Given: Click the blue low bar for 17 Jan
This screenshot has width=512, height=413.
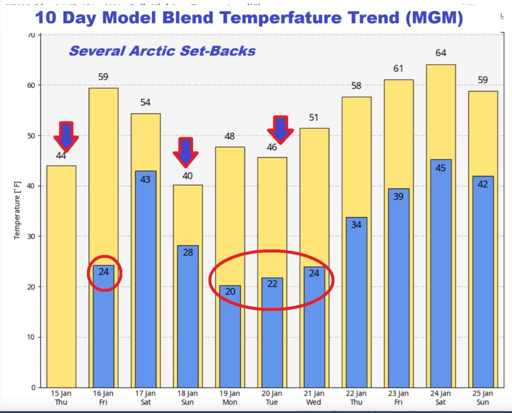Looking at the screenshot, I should tap(145, 280).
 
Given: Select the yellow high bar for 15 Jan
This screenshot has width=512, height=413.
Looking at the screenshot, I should tap(61, 275).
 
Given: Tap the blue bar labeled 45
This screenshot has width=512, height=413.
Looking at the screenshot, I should tap(440, 275).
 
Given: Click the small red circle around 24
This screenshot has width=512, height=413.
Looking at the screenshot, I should tap(104, 273).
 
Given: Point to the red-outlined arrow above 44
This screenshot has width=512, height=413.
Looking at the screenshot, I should tap(66, 136).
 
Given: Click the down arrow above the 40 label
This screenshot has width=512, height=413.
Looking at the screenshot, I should tap(185, 152).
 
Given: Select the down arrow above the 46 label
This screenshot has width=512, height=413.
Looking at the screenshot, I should tap(280, 129).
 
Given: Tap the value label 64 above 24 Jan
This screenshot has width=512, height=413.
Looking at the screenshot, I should tap(440, 53).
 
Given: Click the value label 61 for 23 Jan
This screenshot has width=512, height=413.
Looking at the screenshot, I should tap(398, 69).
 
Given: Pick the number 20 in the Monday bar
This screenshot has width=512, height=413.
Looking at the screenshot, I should tap(229, 291).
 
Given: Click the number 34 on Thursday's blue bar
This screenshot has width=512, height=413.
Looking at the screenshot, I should tap(356, 224).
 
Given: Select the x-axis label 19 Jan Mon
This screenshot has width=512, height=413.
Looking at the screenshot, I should tap(229, 396).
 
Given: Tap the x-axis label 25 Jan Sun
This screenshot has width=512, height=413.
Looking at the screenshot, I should tap(483, 396).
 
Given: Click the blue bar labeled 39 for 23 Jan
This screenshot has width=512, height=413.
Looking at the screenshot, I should tap(398, 290).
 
